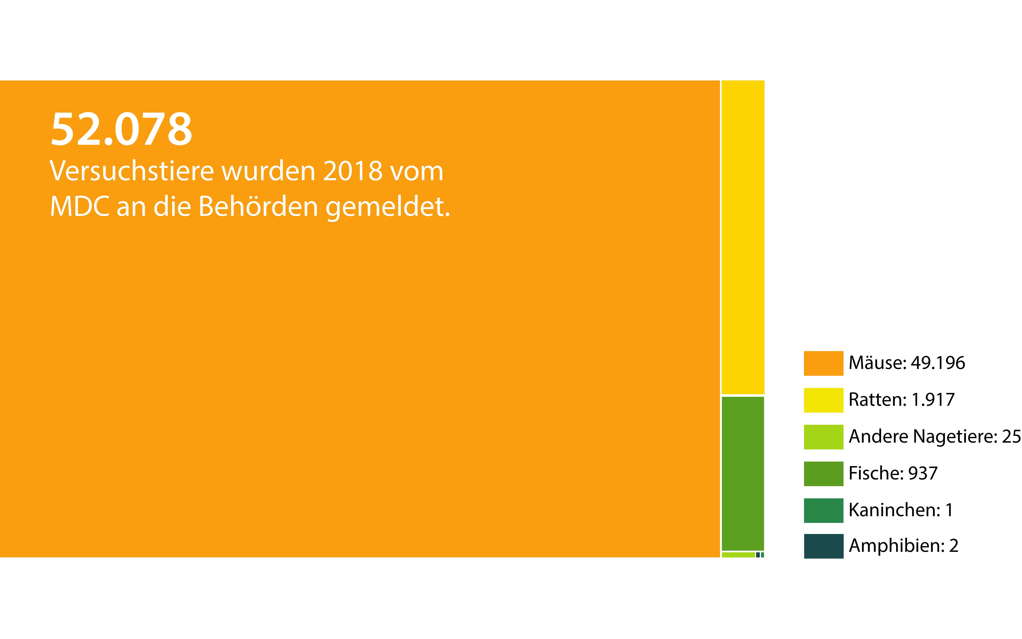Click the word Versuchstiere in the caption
click(x=132, y=171)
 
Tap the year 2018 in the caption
click(x=353, y=171)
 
